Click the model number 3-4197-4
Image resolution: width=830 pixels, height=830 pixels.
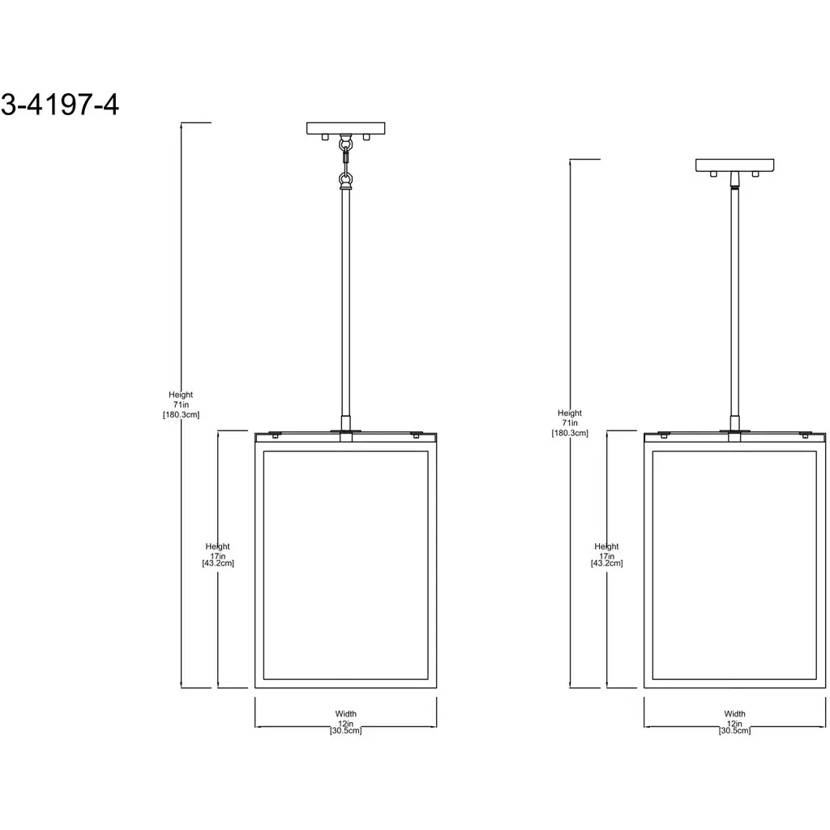pyautogui.click(x=59, y=105)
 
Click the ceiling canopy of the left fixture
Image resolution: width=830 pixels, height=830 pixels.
pyautogui.click(x=345, y=128)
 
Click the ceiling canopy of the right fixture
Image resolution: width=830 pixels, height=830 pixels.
pyautogui.click(x=734, y=165)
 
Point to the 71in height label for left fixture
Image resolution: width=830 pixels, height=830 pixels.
pyautogui.click(x=181, y=404)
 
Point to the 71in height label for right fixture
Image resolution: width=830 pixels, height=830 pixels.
pyautogui.click(x=570, y=423)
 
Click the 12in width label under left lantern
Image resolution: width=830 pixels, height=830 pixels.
pyautogui.click(x=345, y=722)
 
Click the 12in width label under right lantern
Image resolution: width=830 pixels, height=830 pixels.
pyautogui.click(x=734, y=722)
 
